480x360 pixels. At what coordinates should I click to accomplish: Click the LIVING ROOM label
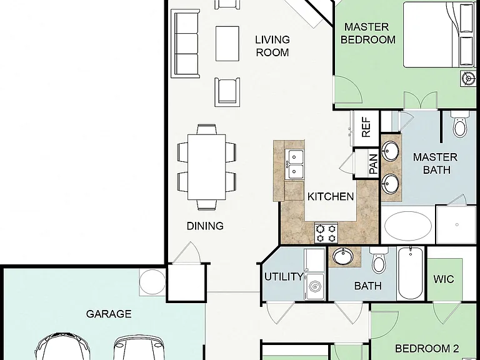coord(272,46)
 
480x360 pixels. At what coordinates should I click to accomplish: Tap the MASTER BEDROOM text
coord(367,33)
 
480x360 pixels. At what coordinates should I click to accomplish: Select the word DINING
coord(205,226)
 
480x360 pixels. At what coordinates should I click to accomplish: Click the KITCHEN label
coord(331,196)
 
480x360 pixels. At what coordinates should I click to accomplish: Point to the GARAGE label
coord(109,314)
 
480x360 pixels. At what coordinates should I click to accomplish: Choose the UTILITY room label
coord(284,277)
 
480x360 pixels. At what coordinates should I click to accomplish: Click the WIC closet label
coord(444,279)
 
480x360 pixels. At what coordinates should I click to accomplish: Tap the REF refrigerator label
coord(366,127)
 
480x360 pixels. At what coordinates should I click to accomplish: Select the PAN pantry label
coord(374,164)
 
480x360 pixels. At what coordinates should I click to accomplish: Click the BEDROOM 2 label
coord(427,348)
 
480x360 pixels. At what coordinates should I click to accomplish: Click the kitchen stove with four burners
coord(326,233)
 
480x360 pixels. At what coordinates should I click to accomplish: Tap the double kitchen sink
coord(294,164)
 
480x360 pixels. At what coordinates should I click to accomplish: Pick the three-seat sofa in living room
coord(185,44)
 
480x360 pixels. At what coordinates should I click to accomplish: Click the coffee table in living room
coord(227,44)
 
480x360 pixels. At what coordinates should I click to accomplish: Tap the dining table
coord(207,167)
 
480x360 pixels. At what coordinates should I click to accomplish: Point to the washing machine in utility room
coord(314,286)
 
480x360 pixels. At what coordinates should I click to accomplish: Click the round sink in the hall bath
coord(343,256)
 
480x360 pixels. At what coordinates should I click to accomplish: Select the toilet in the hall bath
coord(379,261)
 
